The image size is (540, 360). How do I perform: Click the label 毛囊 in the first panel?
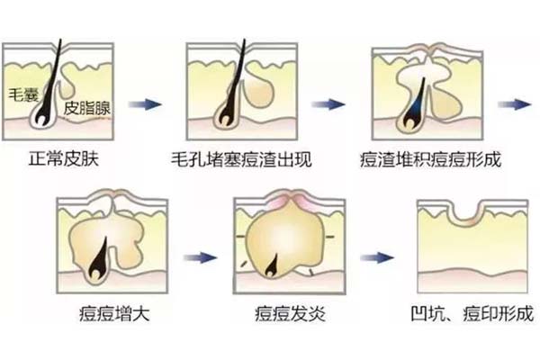pos(20,93)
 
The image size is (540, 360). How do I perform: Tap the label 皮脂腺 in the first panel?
pos(86,107)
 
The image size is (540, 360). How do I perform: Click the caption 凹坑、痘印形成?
pos(469,316)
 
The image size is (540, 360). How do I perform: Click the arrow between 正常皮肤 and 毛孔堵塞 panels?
pos(144,104)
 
